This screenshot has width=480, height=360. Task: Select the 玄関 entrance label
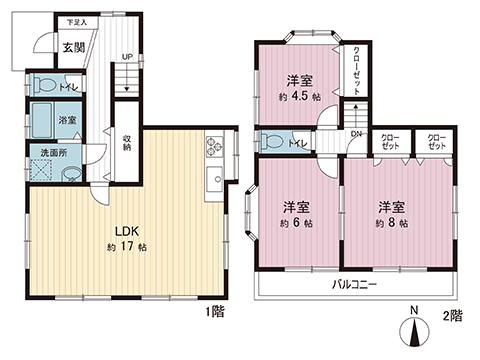(73, 46)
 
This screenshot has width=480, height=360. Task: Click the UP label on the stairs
(126, 56)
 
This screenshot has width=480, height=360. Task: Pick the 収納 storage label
(127, 142)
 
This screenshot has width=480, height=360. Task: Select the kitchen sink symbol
(214, 180)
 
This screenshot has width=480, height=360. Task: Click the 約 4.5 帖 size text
(297, 97)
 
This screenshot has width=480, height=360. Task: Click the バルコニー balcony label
(354, 284)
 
